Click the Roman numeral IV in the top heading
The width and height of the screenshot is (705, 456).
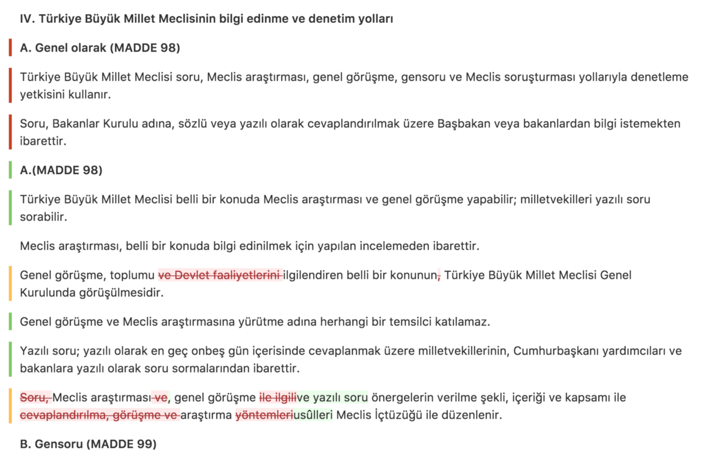(27, 19)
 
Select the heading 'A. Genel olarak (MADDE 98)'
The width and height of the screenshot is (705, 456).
(100, 48)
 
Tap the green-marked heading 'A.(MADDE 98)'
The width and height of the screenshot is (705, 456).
(61, 170)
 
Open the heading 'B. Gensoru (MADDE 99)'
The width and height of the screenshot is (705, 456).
(88, 444)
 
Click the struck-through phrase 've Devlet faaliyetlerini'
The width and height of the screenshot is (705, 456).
(220, 275)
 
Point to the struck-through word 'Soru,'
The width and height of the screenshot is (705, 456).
(36, 398)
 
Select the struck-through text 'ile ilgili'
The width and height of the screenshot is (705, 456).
(278, 398)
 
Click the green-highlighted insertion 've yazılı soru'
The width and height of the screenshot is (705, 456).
(333, 398)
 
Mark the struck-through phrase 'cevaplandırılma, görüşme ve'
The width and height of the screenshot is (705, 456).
(99, 415)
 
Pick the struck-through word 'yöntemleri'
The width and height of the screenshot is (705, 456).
(264, 415)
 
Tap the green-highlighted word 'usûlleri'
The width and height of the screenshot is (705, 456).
(313, 415)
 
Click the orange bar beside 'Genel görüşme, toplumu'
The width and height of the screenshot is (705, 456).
(11, 283)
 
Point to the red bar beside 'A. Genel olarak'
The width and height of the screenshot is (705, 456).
(11, 48)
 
